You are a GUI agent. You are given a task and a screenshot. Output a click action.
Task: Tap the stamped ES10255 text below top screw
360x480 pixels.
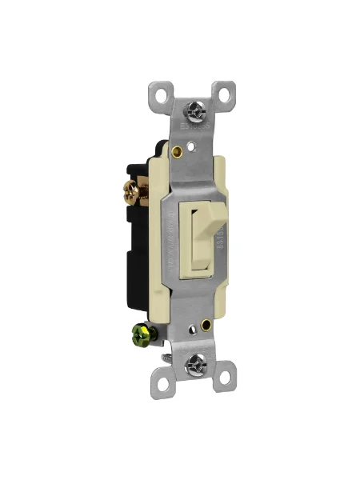pos(194,126)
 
